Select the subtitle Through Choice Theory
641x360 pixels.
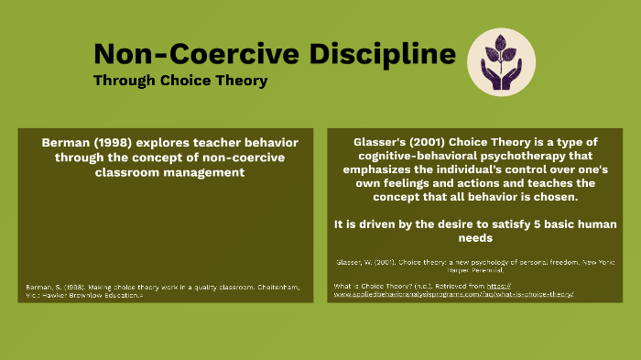pyautogui.click(x=180, y=81)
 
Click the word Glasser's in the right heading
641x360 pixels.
pyautogui.click(x=381, y=143)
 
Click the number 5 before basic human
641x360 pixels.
pyautogui.click(x=531, y=224)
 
